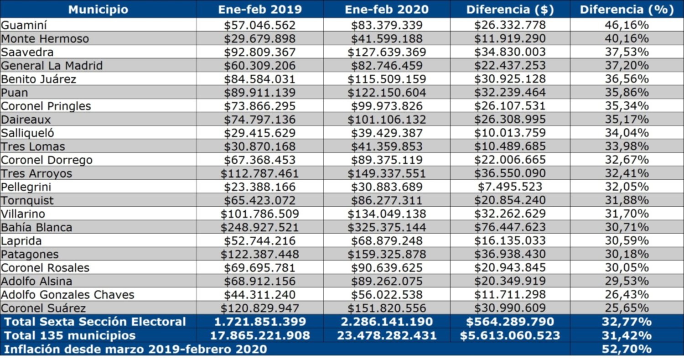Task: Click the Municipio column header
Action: (x=98, y=10)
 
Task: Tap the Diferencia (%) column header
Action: (x=627, y=10)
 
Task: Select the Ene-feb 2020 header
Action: (x=387, y=10)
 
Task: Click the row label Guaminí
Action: (x=24, y=25)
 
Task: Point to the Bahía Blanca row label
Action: (x=36, y=227)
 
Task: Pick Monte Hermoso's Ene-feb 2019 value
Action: (x=259, y=39)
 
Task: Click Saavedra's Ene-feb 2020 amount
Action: (x=387, y=52)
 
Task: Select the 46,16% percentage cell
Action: (x=627, y=25)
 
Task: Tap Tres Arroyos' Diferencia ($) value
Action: (x=510, y=173)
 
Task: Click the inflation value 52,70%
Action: (x=627, y=349)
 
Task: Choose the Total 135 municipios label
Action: (x=70, y=335)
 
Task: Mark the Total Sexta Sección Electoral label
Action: (x=95, y=322)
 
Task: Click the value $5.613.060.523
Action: (x=510, y=335)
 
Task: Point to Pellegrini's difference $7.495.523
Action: (x=510, y=187)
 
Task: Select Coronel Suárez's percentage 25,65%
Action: (x=627, y=308)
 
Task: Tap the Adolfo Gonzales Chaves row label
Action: (x=67, y=295)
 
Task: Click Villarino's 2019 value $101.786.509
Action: (x=259, y=214)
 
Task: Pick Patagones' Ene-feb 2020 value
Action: (x=387, y=254)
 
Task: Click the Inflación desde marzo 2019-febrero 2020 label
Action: (x=135, y=349)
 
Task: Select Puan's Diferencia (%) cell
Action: (x=627, y=93)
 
